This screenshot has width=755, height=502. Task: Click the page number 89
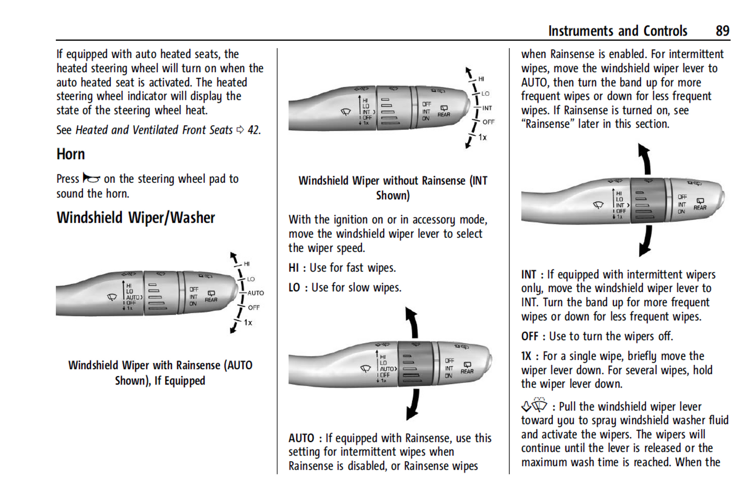(x=722, y=31)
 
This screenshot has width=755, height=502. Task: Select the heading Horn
(x=71, y=155)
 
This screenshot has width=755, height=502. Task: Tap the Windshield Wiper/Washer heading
(x=136, y=218)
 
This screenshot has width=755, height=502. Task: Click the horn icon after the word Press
(x=91, y=179)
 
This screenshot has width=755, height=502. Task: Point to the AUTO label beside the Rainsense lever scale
(x=255, y=293)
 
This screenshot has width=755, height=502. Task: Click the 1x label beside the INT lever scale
(x=483, y=137)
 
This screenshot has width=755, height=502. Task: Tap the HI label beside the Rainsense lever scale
(x=247, y=264)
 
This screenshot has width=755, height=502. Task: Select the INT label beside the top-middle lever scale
(x=487, y=108)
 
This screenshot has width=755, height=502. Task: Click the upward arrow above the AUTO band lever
(x=412, y=321)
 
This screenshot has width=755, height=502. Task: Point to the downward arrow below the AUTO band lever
(x=413, y=405)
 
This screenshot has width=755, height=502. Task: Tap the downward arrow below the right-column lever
(x=646, y=241)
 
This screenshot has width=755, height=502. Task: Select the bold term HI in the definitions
(x=294, y=268)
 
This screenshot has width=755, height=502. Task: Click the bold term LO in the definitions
(x=294, y=288)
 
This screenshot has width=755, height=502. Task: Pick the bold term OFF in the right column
(x=529, y=336)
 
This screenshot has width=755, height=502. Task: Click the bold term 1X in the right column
(x=526, y=356)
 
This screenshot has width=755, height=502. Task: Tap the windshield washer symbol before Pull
(x=534, y=405)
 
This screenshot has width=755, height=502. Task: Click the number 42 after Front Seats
(x=253, y=130)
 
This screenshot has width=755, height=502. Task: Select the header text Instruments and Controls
(x=618, y=31)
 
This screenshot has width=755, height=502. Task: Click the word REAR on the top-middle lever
(x=444, y=114)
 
